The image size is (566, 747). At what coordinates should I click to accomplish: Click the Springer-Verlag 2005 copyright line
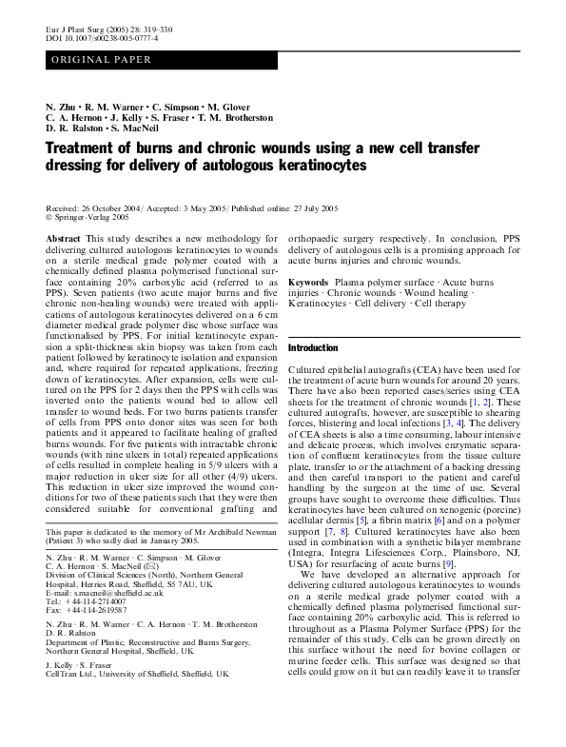pos(90,216)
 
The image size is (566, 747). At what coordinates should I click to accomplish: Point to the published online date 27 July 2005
pos(315,206)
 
